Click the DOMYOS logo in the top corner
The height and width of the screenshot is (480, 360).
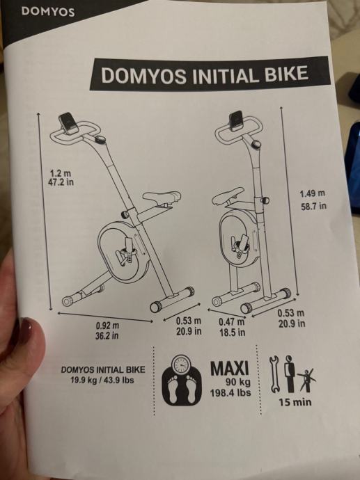pyautogui.click(x=48, y=12)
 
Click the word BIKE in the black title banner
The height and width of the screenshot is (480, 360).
pyautogui.click(x=286, y=74)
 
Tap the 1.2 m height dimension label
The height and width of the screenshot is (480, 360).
pyautogui.click(x=61, y=173)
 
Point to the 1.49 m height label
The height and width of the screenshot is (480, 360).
pyautogui.click(x=312, y=194)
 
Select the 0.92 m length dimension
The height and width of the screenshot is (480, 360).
pyautogui.click(x=107, y=325)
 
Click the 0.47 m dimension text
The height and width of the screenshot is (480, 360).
pyautogui.click(x=232, y=322)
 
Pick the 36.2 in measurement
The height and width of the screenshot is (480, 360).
pyautogui.click(x=107, y=335)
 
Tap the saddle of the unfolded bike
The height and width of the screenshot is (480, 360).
pyautogui.click(x=162, y=198)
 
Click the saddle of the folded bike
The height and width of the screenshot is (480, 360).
pyautogui.click(x=228, y=196)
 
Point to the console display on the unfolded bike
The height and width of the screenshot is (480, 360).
pyautogui.click(x=69, y=122)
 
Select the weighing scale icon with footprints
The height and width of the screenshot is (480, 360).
pyautogui.click(x=182, y=380)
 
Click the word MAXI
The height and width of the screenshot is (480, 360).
pyautogui.click(x=230, y=368)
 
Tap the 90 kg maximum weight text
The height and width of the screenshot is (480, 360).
pyautogui.click(x=238, y=382)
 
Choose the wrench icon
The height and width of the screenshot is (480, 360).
pyautogui.click(x=274, y=374)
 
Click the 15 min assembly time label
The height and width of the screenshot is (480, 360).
pyautogui.click(x=295, y=402)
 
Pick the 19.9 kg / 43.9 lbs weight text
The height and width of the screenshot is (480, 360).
pyautogui.click(x=102, y=381)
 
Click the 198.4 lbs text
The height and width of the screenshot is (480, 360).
pyautogui.click(x=230, y=393)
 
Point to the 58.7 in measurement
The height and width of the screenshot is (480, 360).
pyautogui.click(x=313, y=206)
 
